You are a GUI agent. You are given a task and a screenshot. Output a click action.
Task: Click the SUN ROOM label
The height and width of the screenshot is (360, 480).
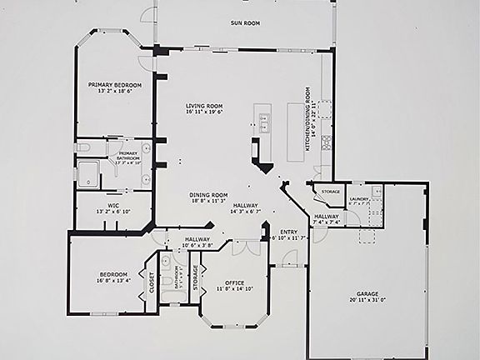click(246, 22)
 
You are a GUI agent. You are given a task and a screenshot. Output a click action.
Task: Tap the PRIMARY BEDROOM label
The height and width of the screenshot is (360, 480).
click(115, 84)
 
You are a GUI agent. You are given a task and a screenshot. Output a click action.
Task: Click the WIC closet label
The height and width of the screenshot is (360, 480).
click(113, 205)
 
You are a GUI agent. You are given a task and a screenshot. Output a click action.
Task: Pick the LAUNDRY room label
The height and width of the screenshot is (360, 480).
click(359, 199)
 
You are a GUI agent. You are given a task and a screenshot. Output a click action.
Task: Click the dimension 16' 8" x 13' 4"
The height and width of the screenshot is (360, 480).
click(113, 281)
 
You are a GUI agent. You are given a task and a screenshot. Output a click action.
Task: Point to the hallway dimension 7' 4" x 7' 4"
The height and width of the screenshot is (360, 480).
click(326, 222)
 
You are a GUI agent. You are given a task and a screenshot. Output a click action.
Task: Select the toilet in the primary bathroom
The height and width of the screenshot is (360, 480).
click(82, 147)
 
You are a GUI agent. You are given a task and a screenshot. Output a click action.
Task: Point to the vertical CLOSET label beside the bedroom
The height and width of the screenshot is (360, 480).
click(152, 285)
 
